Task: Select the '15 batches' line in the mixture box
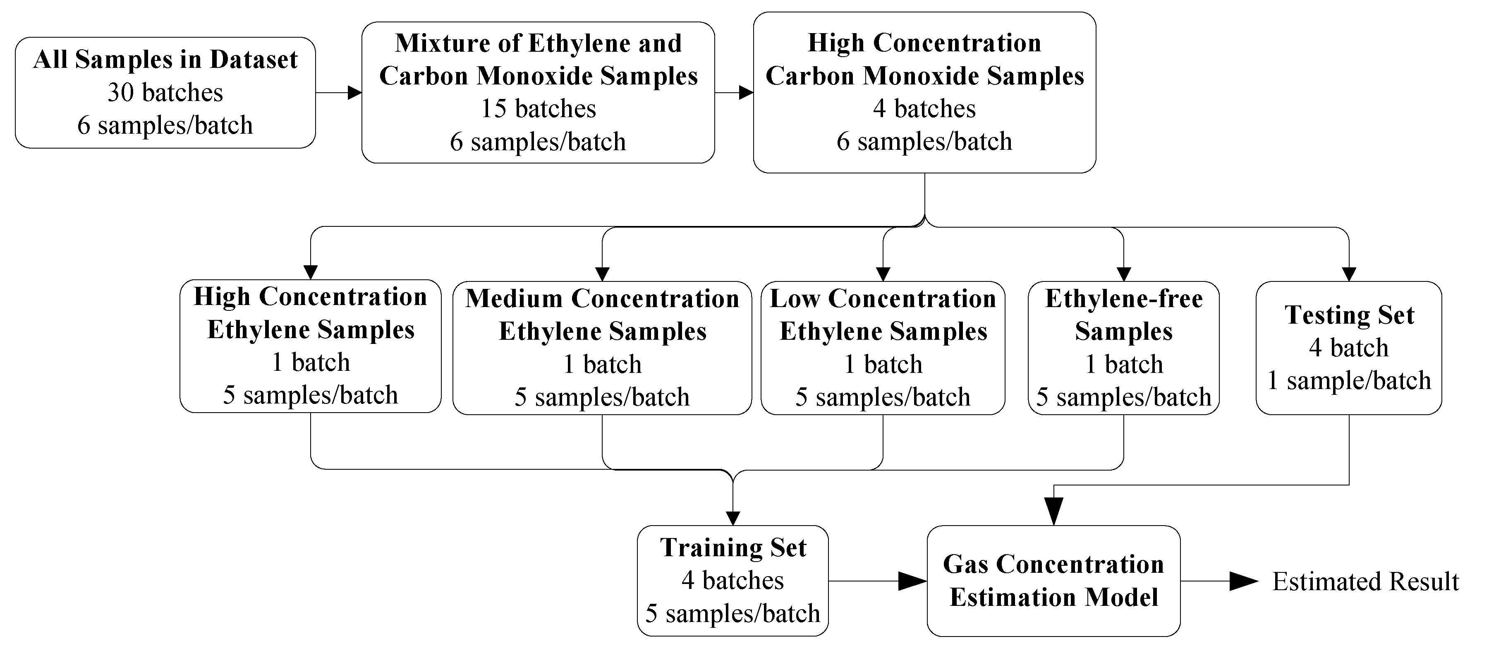click(538, 109)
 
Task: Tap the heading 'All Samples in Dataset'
click(165, 60)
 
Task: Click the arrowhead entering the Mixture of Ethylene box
click(354, 93)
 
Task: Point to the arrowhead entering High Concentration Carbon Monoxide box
click(746, 93)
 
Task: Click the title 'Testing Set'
click(1349, 315)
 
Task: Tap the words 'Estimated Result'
click(1365, 581)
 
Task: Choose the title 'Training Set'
click(733, 548)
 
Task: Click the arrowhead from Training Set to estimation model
click(912, 581)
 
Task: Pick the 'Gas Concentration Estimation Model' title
click(1053, 581)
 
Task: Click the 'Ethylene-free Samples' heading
click(1124, 315)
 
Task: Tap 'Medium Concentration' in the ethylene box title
click(602, 299)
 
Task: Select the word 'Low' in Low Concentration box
click(795, 299)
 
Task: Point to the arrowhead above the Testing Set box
click(1349, 274)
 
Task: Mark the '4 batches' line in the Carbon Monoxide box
click(924, 109)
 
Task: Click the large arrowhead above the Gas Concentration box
click(1054, 511)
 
